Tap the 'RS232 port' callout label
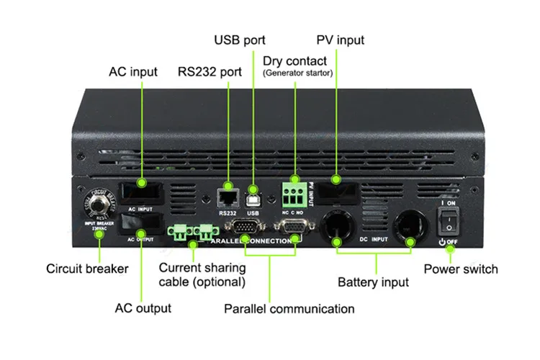point(211,73)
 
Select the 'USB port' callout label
point(240,40)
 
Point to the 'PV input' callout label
point(340,40)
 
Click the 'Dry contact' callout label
point(294,61)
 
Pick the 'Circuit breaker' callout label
point(87,269)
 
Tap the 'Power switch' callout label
point(460,269)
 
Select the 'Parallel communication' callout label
point(289,309)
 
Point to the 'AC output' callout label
point(143,308)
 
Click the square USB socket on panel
point(252,194)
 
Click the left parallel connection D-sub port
point(245,228)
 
